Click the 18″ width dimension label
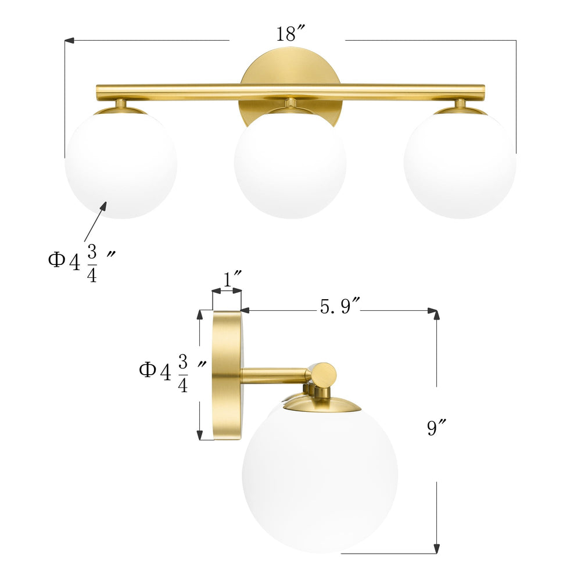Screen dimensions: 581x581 [287, 34]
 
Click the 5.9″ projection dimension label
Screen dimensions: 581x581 [340, 306]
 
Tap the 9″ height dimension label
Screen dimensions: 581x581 [436, 429]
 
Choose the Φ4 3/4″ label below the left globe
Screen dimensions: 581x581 [78, 263]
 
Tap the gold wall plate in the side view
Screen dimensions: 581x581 [227, 375]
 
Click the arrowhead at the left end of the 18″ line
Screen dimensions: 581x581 [69, 41]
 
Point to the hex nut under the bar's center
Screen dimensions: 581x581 [290, 103]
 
